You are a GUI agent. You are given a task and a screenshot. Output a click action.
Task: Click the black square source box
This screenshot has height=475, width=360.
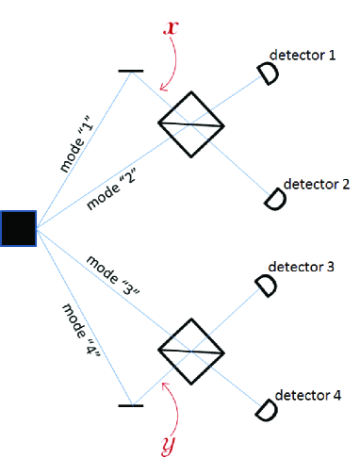pyautogui.click(x=18, y=228)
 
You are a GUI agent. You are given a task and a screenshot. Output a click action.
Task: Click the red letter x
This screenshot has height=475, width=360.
pyautogui.click(x=171, y=27)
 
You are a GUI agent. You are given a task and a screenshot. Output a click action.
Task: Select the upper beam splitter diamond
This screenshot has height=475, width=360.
pyautogui.click(x=190, y=124)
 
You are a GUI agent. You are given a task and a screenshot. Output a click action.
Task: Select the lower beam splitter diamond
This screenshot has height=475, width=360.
pyautogui.click(x=190, y=351)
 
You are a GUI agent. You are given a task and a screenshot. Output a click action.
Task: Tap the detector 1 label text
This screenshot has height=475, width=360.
pyautogui.click(x=303, y=57)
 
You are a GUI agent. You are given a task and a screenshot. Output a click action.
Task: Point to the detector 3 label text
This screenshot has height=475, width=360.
pyautogui.click(x=303, y=268)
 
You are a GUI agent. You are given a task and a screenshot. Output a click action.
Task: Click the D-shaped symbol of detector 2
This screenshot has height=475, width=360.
pyautogui.click(x=274, y=200)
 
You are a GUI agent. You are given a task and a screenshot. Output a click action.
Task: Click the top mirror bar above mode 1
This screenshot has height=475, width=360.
pyautogui.click(x=131, y=71)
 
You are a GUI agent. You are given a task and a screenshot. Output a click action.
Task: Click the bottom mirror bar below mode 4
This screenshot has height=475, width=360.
pyautogui.click(x=131, y=405)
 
